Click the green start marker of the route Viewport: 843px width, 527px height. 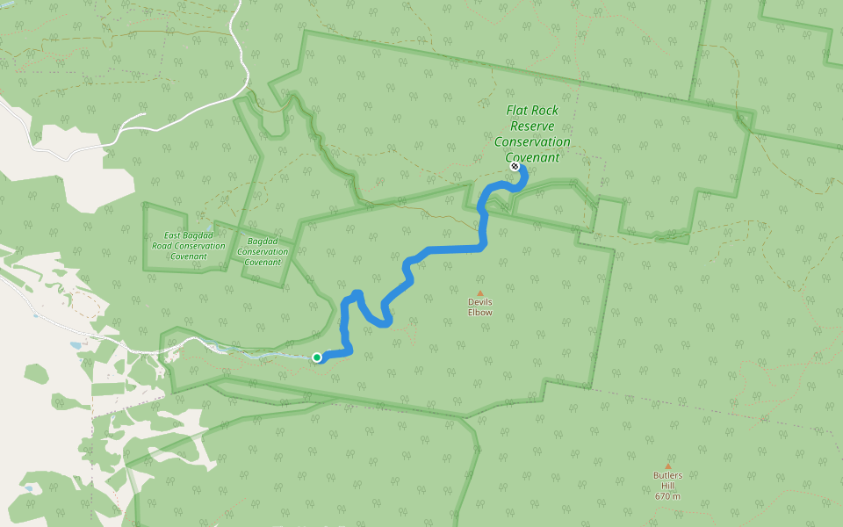(317, 357)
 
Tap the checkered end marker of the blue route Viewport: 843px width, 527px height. (515, 166)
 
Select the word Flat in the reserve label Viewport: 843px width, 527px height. (519, 111)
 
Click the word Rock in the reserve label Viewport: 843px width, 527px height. (547, 111)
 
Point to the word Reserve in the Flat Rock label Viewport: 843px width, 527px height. (532, 126)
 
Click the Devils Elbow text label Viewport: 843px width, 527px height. (479, 307)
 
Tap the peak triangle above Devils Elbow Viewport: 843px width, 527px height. (479, 293)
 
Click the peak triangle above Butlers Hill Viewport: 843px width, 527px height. (667, 466)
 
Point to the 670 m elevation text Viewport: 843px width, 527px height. (667, 496)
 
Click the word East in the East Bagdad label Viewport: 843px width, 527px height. (172, 235)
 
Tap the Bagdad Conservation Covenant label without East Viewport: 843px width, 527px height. (263, 251)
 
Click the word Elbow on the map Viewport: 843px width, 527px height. (479, 313)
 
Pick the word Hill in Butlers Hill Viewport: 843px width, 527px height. (667, 486)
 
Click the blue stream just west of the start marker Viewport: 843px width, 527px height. (281, 356)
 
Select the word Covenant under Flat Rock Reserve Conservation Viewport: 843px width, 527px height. (532, 158)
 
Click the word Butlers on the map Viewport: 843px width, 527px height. (667, 476)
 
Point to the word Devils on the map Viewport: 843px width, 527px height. (479, 302)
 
